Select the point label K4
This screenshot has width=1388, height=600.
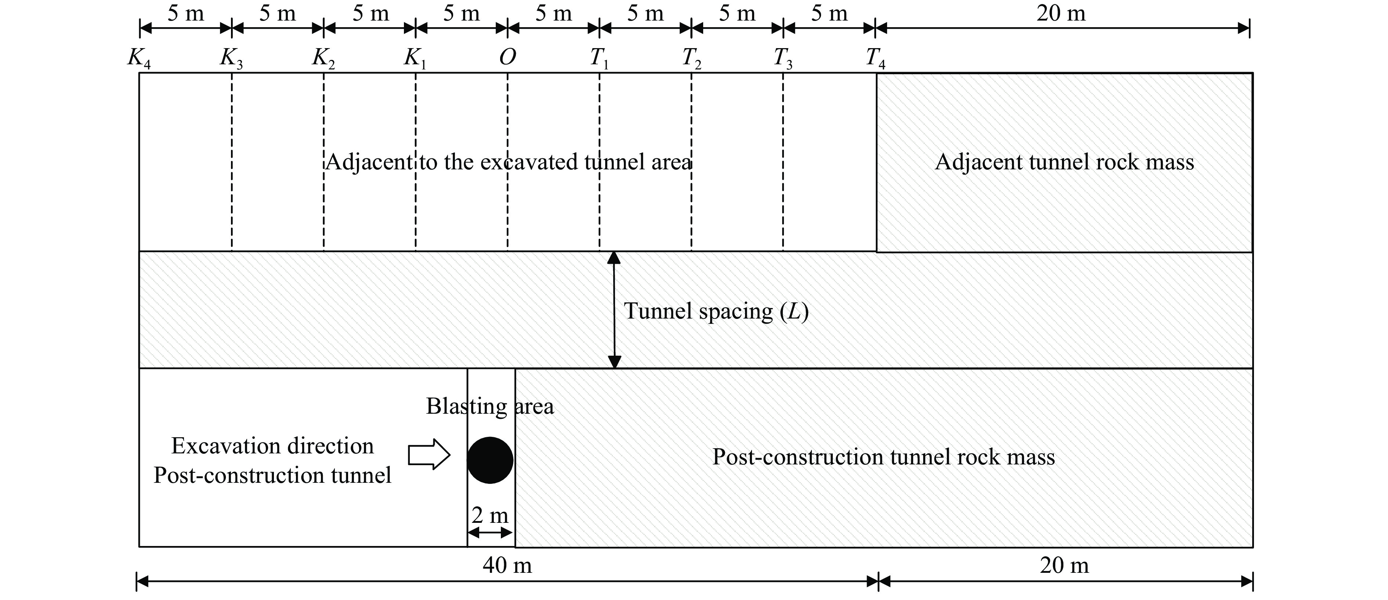pos(139,58)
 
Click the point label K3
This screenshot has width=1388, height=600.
pos(231,58)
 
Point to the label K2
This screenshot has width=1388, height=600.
pos(323,58)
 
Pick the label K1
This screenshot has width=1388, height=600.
pos(415,58)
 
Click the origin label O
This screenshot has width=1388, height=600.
pos(507,57)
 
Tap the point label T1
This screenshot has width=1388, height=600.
pos(599,58)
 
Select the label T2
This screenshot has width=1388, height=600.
pos(691,58)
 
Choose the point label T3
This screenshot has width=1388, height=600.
pos(783,58)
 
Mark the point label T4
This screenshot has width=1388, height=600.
pos(875,58)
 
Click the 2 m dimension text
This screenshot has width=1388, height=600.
pos(490,515)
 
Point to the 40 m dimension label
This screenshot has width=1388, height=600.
pos(507,565)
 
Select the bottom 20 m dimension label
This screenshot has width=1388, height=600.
pos(1064,565)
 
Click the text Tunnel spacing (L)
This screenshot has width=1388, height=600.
pos(716,311)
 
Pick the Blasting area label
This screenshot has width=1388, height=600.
pos(490,406)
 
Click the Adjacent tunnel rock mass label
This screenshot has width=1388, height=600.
pos(1064,162)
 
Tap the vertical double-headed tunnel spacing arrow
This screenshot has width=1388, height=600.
pos(614,310)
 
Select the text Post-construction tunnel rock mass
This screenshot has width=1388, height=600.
pos(883,457)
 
